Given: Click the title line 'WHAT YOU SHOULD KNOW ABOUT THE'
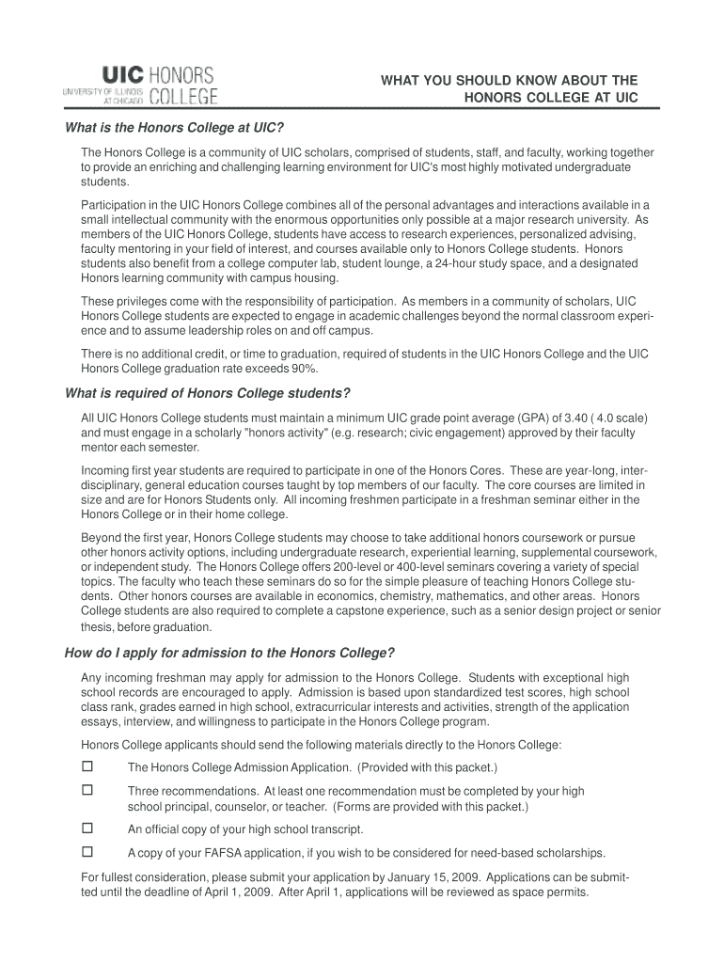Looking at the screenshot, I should [509, 81].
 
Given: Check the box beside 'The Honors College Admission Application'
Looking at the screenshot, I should [87, 766].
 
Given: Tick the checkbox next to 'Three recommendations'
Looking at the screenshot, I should [87, 791].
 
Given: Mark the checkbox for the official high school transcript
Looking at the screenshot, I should [87, 829].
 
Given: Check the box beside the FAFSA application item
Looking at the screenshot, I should [87, 852].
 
